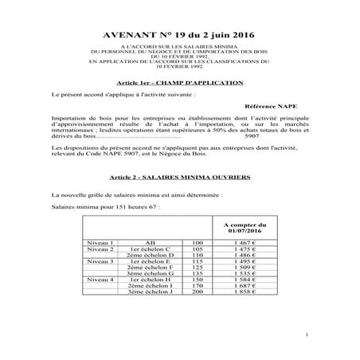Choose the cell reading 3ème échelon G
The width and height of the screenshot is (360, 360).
151,274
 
